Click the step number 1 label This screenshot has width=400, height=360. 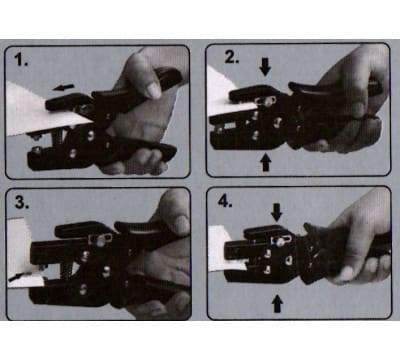[21, 60]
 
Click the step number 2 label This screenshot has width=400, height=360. [232, 57]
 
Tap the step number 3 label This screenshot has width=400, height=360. [22, 202]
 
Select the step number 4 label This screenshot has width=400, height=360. [225, 201]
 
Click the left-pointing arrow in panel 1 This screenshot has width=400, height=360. [63, 88]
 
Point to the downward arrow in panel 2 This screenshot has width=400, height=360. [265, 68]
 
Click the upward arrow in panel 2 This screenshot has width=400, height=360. [265, 162]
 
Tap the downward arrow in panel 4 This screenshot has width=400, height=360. [276, 212]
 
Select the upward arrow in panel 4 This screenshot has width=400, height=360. [277, 304]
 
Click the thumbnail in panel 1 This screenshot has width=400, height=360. [154, 90]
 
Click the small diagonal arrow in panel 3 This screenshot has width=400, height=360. [16, 277]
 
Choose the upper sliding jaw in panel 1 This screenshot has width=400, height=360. [68, 102]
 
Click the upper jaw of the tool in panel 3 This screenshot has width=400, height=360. [80, 229]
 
